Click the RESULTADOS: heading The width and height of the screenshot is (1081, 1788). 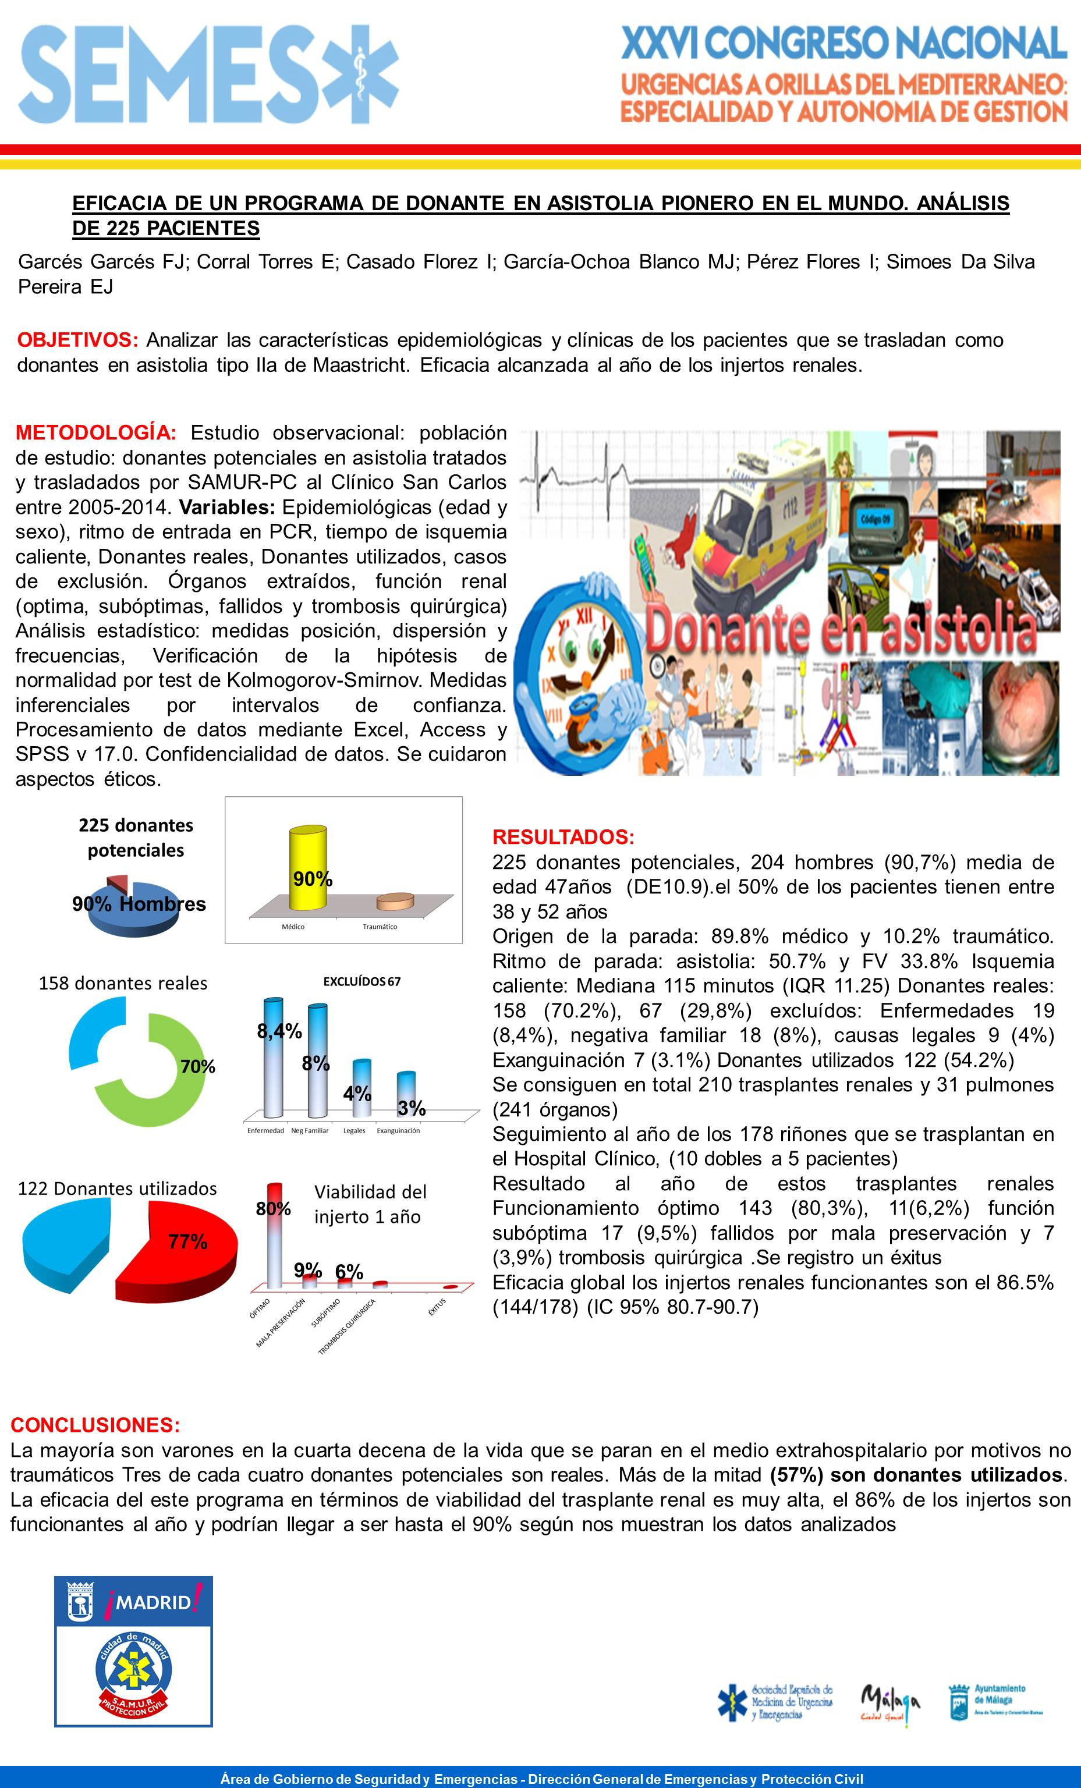[x=563, y=837]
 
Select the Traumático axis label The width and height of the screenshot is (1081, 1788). [x=380, y=927]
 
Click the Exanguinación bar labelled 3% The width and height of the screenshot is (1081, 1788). [x=406, y=1096]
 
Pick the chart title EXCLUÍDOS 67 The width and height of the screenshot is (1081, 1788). [x=361, y=981]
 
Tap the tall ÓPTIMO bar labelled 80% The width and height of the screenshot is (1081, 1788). [x=274, y=1233]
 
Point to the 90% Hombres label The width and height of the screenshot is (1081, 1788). [x=139, y=903]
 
